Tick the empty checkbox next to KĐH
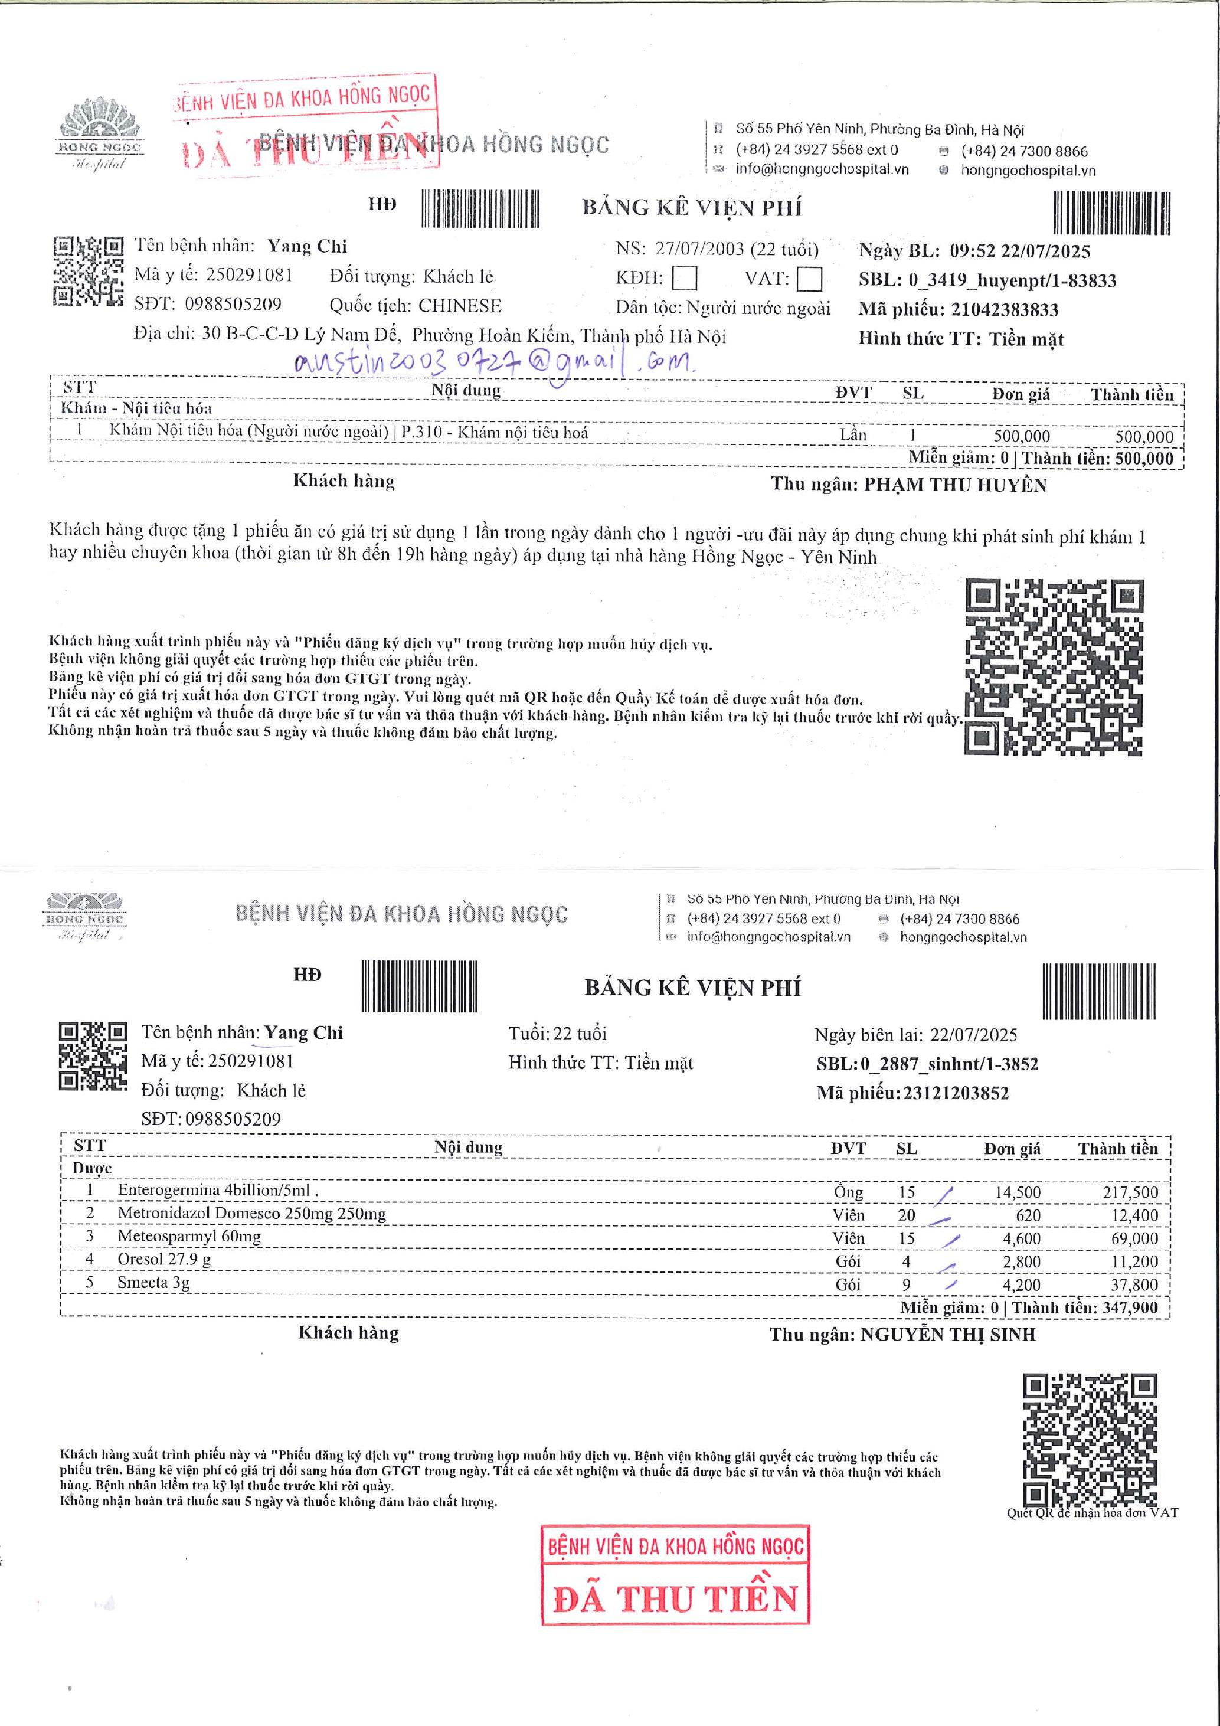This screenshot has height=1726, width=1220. [x=684, y=279]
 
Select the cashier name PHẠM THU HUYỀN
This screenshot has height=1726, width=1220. [x=954, y=485]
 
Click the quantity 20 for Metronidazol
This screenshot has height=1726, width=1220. [x=907, y=1215]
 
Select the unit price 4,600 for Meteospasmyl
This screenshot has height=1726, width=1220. [x=1022, y=1238]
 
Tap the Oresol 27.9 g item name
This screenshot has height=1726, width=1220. [x=164, y=1259]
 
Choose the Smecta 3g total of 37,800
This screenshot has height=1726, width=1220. [x=1134, y=1284]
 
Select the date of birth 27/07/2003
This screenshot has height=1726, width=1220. [x=699, y=249]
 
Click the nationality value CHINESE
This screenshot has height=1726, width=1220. [x=459, y=306]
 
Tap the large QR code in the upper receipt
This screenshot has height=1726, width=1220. [x=1054, y=668]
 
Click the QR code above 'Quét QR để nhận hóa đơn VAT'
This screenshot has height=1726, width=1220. [x=1090, y=1440]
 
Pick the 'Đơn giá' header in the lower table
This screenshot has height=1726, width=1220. [x=1012, y=1149]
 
